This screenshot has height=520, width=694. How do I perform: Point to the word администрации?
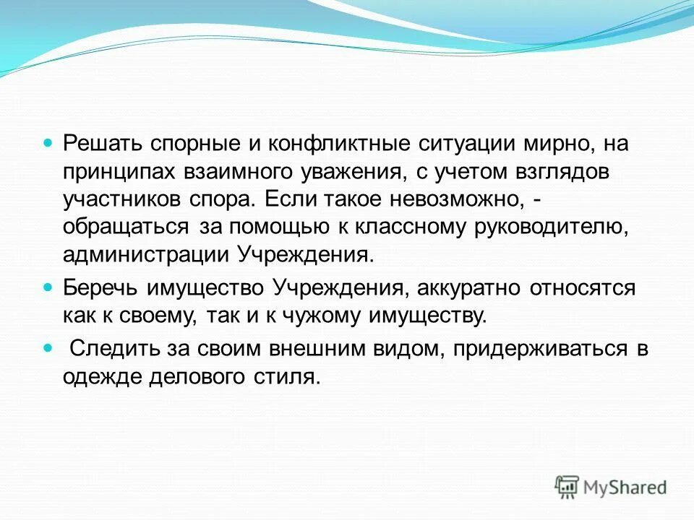145,254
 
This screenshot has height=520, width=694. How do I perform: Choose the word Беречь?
101,287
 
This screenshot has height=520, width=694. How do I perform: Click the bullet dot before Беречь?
49,287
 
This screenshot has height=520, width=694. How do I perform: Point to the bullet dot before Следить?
49,348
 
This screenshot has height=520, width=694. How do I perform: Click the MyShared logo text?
625,487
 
